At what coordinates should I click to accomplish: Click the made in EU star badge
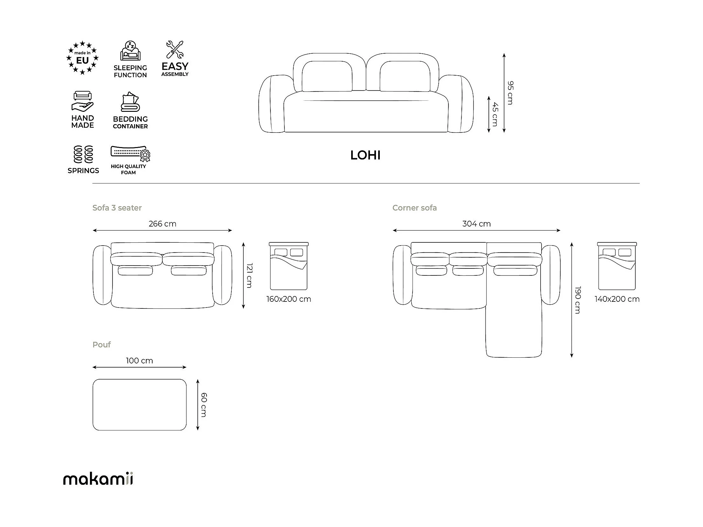point(83,58)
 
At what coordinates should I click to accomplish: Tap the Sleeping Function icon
point(130,51)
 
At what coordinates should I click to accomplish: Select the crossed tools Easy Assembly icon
point(175,49)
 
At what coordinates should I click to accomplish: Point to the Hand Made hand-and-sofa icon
point(83,101)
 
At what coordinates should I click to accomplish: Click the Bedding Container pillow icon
point(130,102)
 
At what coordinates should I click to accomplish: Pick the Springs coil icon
point(83,154)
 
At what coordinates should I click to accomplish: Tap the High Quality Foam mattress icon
point(130,154)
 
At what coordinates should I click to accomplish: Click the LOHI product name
point(365,155)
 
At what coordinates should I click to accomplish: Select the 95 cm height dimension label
point(510,93)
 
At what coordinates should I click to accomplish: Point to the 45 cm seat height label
point(495,114)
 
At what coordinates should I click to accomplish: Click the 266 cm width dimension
point(162,224)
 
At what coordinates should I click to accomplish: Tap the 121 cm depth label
point(249,275)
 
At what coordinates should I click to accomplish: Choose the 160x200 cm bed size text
point(289,299)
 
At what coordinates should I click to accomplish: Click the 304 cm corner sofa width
point(476,224)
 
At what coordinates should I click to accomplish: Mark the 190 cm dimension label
point(578,300)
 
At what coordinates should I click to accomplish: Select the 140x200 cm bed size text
point(617,299)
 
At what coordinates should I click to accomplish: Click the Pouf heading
point(102,345)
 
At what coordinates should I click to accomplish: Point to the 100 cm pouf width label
point(139,361)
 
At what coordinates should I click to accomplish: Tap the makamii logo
point(98,478)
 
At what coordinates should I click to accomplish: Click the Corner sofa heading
point(414,208)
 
